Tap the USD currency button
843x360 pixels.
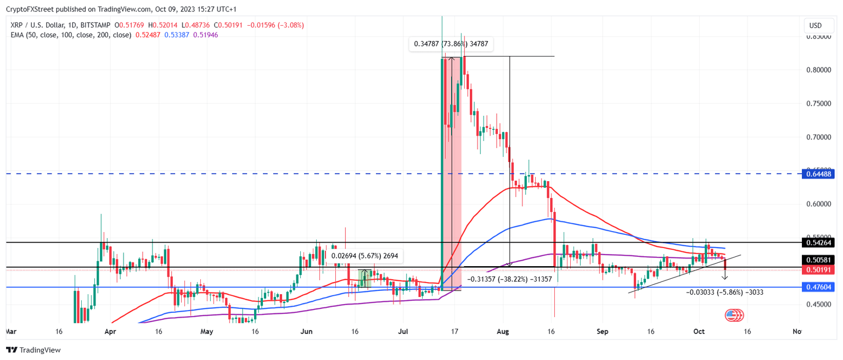816,26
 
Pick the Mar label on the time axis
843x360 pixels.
10,331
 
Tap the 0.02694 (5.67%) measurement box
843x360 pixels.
365,255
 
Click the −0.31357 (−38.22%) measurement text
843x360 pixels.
509,279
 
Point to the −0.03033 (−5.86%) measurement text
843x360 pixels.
724,292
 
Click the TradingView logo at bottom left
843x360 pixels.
33,350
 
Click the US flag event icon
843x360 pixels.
732,315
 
